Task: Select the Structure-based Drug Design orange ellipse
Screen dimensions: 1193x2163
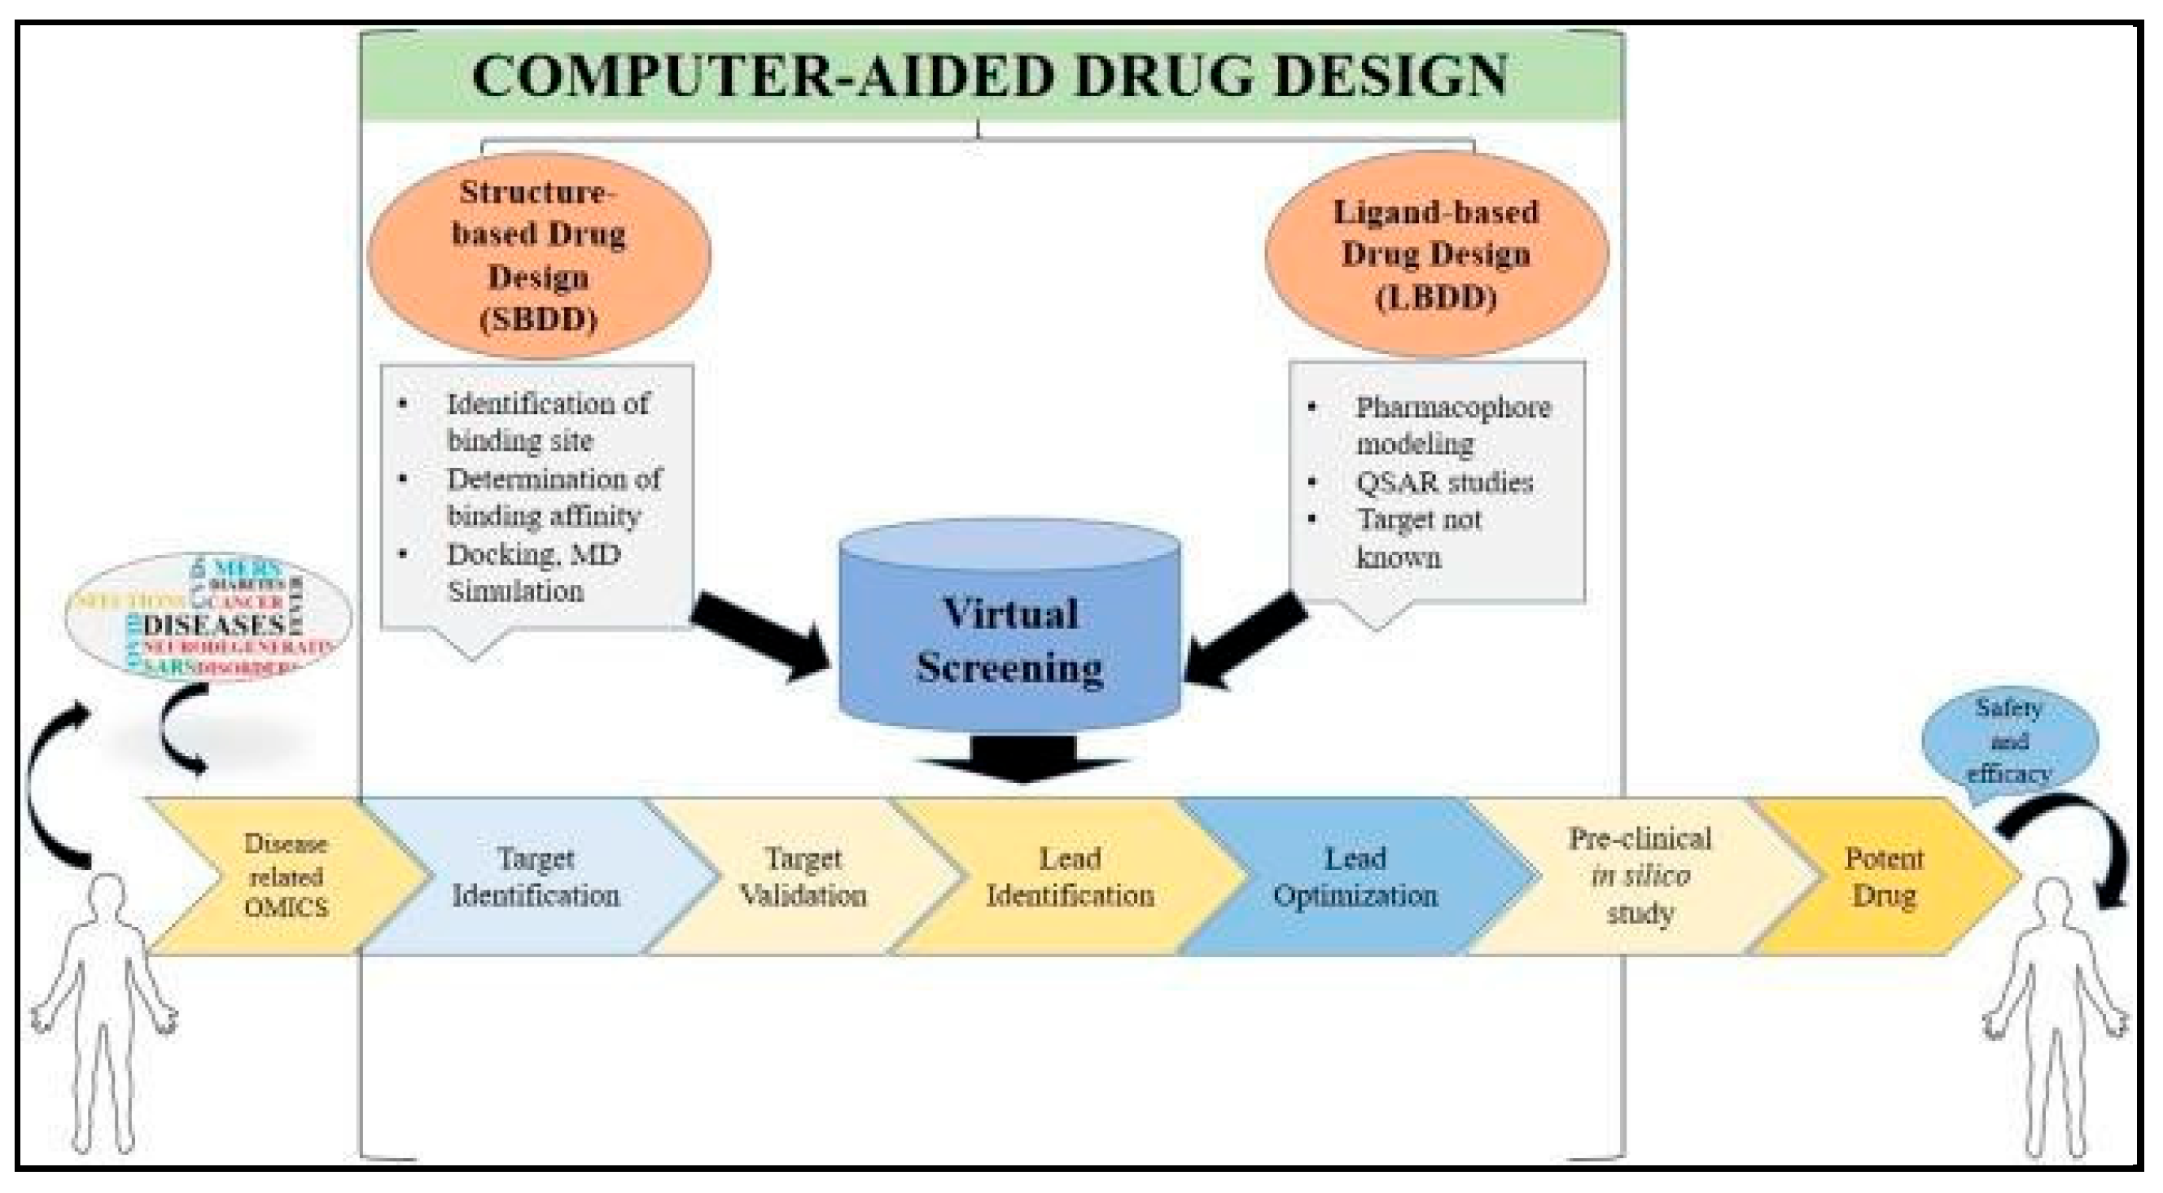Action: tap(539, 256)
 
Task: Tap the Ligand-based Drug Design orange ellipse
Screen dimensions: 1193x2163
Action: tap(1436, 256)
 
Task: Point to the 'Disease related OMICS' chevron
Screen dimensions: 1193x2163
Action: tap(286, 876)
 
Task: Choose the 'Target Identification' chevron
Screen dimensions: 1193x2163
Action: tap(536, 876)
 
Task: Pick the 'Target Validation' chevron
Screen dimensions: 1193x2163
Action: tap(803, 876)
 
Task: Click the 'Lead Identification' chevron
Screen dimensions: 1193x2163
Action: tap(1070, 876)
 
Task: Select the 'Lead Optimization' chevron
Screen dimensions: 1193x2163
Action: tap(1355, 876)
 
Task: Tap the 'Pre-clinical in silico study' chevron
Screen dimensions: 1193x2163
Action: tap(1639, 876)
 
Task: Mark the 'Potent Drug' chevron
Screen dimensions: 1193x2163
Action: tap(1884, 876)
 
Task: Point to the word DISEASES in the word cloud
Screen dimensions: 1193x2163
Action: tap(214, 626)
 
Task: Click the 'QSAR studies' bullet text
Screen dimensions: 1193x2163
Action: tap(1444, 482)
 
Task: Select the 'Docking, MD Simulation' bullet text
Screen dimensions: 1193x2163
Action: tap(533, 573)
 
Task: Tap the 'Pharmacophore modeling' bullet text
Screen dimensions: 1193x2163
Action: tap(1452, 426)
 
